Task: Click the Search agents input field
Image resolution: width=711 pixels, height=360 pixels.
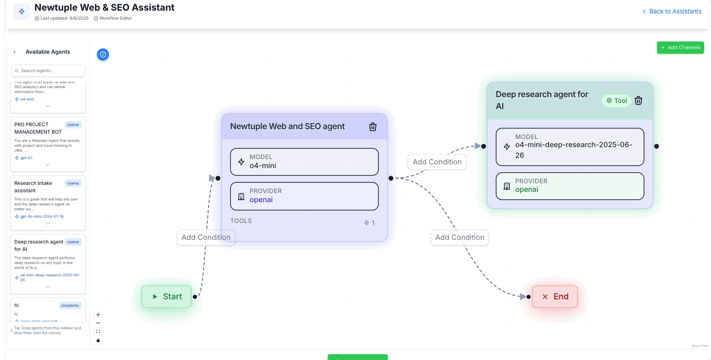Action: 48,71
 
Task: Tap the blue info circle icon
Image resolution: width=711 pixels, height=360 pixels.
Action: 103,55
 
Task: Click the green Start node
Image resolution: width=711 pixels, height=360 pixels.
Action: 166,296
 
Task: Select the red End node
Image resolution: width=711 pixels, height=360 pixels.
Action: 555,296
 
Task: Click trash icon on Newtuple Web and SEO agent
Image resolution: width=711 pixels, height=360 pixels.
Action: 373,127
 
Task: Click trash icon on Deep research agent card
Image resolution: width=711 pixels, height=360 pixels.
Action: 638,100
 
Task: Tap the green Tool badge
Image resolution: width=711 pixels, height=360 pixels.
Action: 617,100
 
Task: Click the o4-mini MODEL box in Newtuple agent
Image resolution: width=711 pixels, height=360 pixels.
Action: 304,162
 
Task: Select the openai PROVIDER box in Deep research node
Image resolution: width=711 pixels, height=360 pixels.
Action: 570,186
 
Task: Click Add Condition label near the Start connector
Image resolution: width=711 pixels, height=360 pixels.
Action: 206,237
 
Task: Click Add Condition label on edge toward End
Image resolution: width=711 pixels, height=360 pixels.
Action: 460,237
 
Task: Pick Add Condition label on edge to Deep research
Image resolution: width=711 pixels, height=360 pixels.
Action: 437,162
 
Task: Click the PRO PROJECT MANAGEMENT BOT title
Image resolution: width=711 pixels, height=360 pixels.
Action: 38,128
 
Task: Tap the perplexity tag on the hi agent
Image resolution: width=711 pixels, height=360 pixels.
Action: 70,305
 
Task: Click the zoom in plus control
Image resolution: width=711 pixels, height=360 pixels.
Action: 98,315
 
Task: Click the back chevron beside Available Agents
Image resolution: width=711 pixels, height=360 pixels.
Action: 15,52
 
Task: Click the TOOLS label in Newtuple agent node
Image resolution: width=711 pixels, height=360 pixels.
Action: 241,221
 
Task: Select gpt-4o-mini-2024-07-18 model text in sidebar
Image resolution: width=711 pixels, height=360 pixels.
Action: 42,216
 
